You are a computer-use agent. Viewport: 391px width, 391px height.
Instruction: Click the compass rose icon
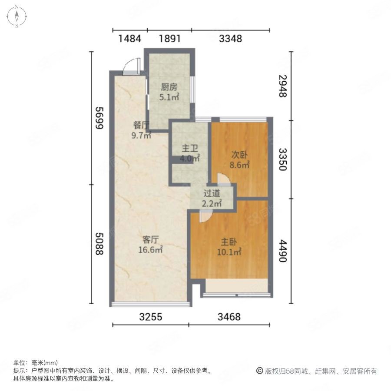[17, 17]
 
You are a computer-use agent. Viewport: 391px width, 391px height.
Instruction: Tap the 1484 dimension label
[129, 39]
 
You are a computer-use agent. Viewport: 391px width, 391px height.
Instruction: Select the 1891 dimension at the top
[169, 39]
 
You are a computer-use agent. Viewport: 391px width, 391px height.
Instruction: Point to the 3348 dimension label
[230, 39]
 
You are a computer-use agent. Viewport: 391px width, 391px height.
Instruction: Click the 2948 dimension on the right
[283, 86]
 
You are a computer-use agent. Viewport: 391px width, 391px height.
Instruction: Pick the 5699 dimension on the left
[99, 118]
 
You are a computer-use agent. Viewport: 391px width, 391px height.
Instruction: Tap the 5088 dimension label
[99, 244]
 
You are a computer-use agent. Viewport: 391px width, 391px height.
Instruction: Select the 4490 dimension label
[283, 251]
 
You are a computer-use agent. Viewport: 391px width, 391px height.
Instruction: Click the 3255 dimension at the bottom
[151, 317]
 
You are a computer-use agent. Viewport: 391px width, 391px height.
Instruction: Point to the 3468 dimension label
[229, 317]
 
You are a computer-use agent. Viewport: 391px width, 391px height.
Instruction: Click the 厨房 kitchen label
[169, 87]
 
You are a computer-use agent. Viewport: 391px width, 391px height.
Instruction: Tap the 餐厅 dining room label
[141, 125]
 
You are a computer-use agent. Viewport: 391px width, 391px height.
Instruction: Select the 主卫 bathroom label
[190, 149]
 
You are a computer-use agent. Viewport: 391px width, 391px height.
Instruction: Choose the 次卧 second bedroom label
[239, 155]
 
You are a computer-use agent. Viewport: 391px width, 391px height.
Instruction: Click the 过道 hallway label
[212, 193]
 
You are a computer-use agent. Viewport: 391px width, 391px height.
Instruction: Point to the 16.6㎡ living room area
[151, 250]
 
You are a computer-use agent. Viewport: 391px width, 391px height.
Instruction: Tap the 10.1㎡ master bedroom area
[229, 252]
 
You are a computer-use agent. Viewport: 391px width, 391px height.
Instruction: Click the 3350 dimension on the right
[283, 159]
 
